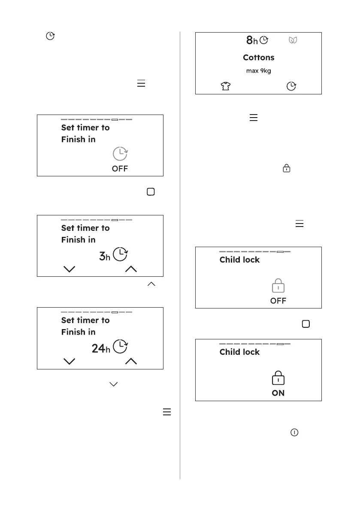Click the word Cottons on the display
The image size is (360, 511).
pyautogui.click(x=258, y=57)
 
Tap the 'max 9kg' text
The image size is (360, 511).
pyautogui.click(x=258, y=71)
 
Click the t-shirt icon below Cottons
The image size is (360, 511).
pyautogui.click(x=225, y=86)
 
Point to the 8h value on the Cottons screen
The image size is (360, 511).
pyautogui.click(x=252, y=41)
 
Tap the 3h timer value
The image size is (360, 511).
pyautogui.click(x=105, y=256)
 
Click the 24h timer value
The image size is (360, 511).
pyautogui.click(x=101, y=348)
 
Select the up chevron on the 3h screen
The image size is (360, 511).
pyautogui.click(x=131, y=269)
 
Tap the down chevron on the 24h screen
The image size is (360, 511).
pyautogui.click(x=69, y=361)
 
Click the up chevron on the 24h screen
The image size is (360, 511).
pyautogui.click(x=131, y=361)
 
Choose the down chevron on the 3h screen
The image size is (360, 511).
pyautogui.click(x=69, y=269)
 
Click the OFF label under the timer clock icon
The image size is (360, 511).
pyautogui.click(x=120, y=169)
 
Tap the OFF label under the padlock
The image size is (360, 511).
pyautogui.click(x=278, y=301)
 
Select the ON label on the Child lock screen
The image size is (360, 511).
pyautogui.click(x=278, y=393)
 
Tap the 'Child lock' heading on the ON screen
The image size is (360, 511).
pyautogui.click(x=239, y=352)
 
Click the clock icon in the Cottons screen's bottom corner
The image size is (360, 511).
pyautogui.click(x=291, y=86)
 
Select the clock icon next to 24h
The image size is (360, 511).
pyautogui.click(x=121, y=347)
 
